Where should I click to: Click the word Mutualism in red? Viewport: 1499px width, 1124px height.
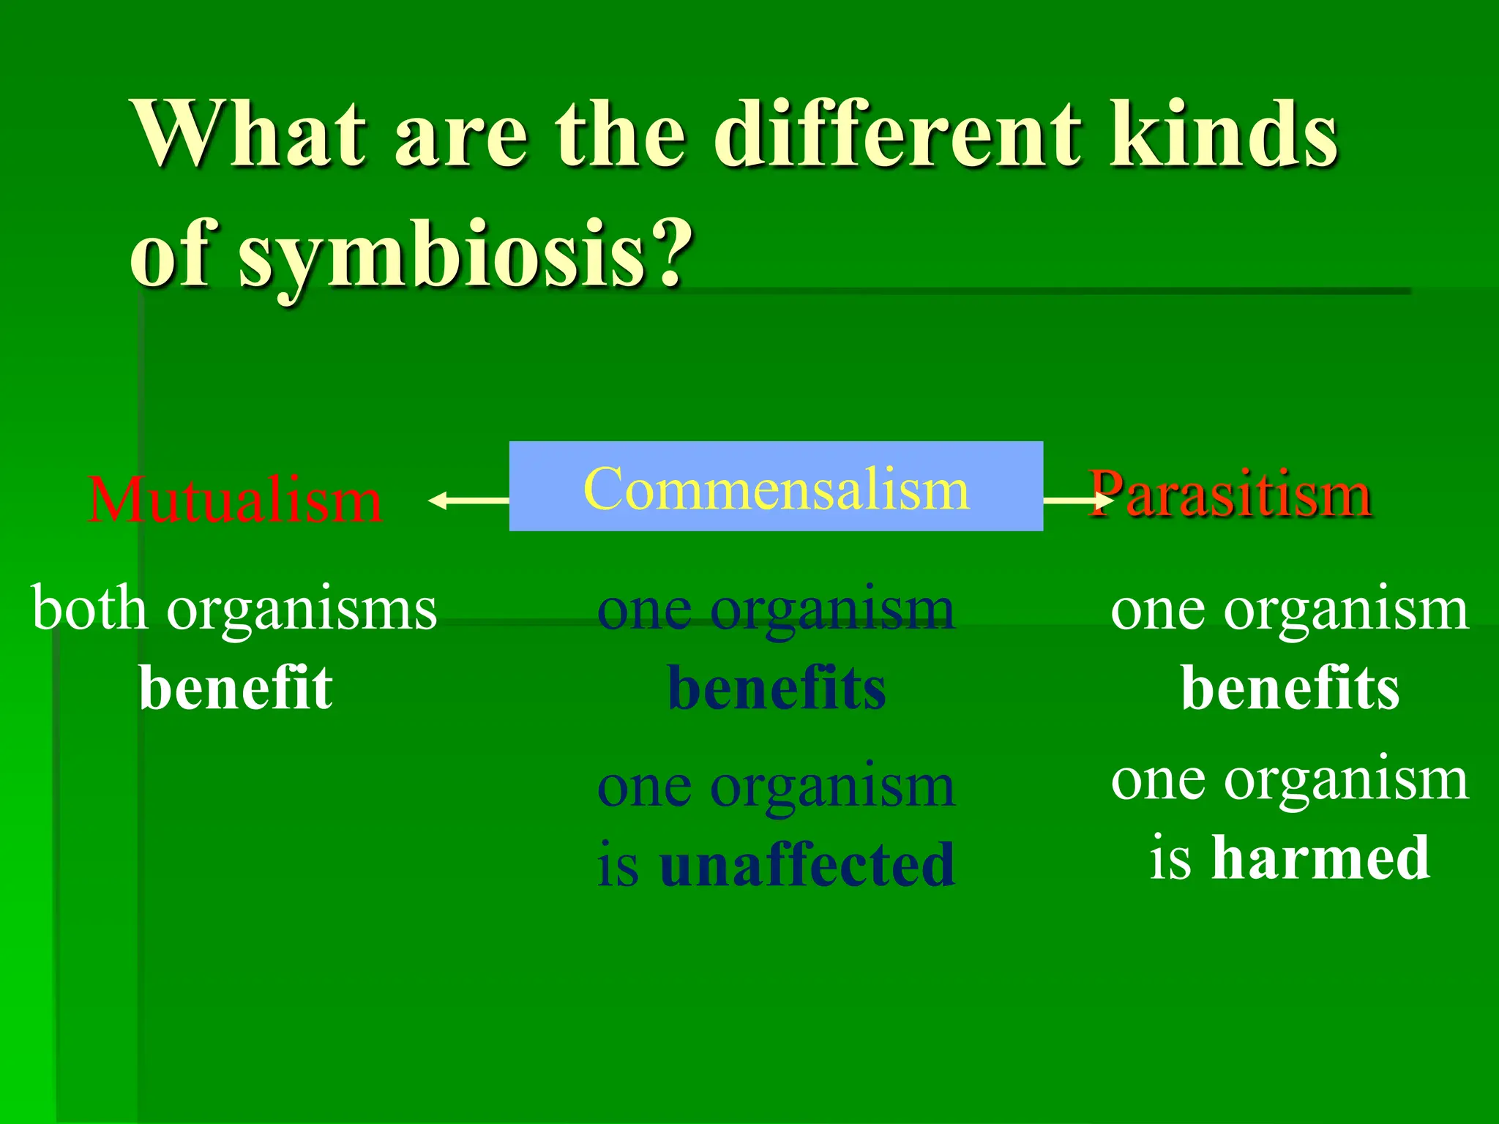[x=234, y=501]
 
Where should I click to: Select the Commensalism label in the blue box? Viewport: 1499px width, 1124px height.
[x=776, y=489]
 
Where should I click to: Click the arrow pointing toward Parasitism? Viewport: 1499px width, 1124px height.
[x=1076, y=501]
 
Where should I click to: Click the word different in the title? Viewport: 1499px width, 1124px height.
[x=897, y=135]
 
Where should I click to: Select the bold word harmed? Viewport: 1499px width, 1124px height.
[x=1320, y=858]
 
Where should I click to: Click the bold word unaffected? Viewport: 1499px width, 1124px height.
[x=807, y=865]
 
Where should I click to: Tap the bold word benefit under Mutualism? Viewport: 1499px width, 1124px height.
[x=236, y=688]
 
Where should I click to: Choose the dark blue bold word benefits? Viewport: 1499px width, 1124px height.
[x=777, y=688]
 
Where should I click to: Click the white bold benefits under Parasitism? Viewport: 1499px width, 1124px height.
[x=1290, y=688]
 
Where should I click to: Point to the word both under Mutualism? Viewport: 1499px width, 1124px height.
[x=89, y=609]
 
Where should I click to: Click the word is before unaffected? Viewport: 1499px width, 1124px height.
[x=618, y=865]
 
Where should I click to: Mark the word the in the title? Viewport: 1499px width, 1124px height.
[x=621, y=135]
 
